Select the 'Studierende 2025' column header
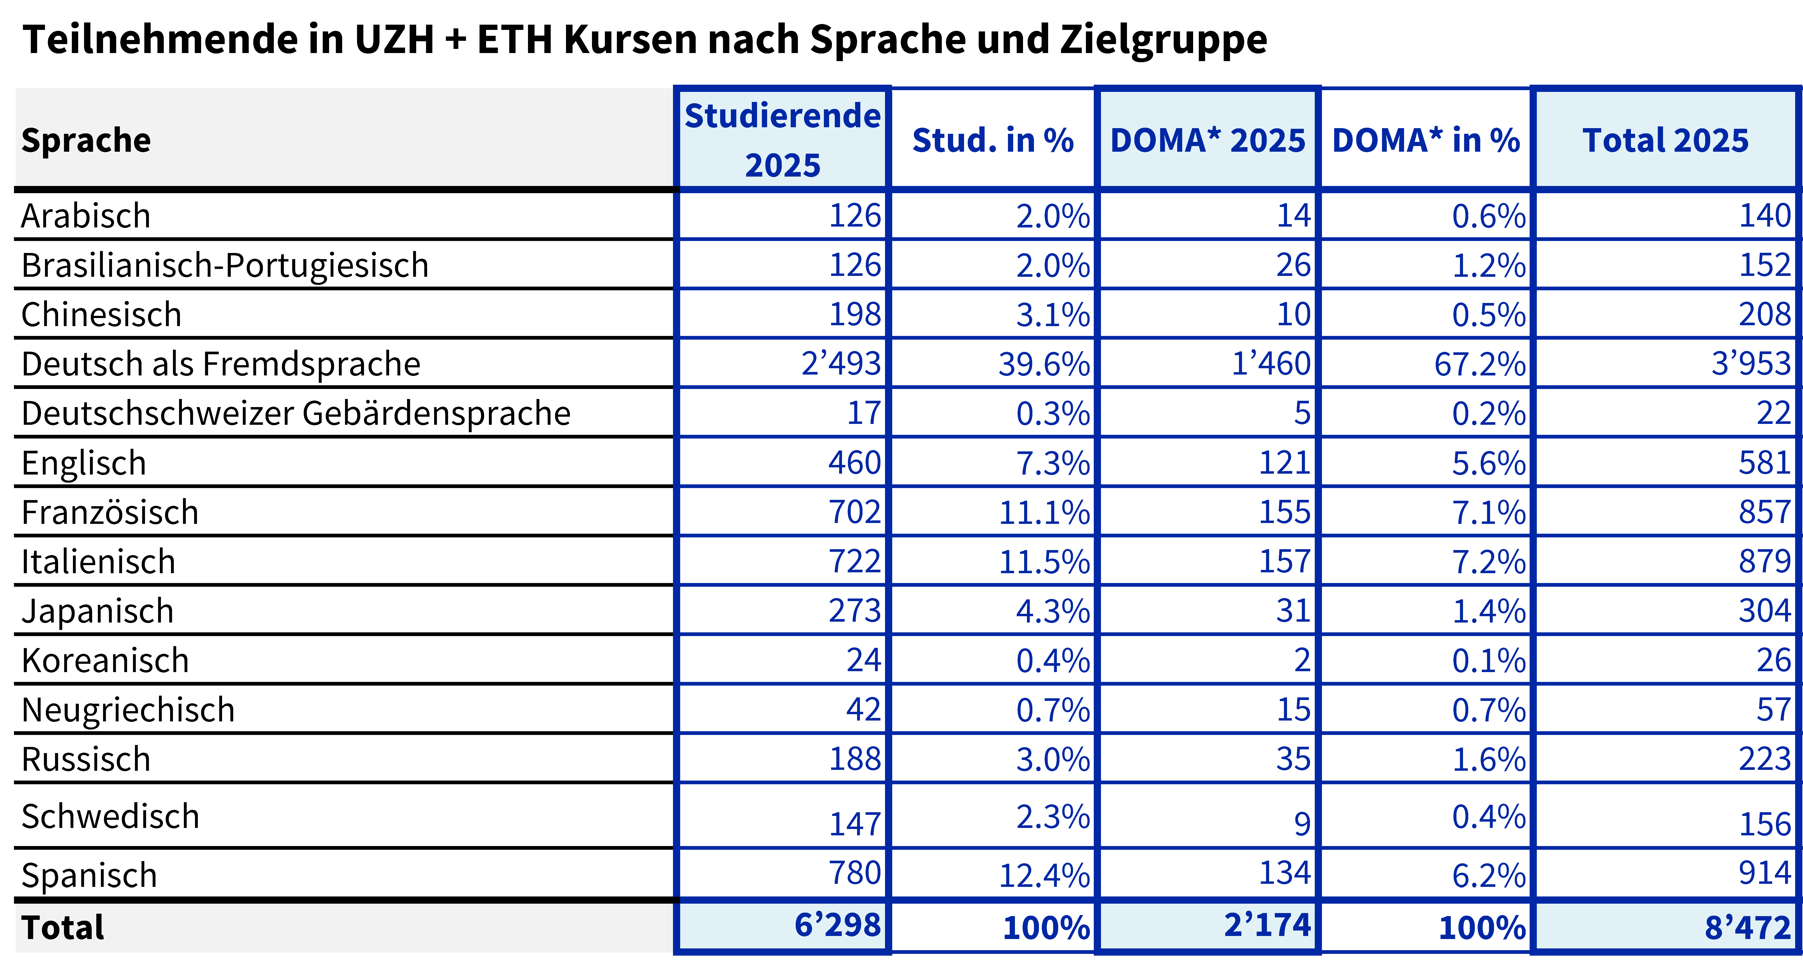click(783, 140)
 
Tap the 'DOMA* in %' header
click(1426, 140)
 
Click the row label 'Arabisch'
click(85, 215)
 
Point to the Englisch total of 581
click(1765, 463)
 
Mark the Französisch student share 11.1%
click(1044, 512)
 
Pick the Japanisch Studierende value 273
click(855, 611)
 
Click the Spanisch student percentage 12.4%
click(1044, 876)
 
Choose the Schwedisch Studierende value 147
click(855, 824)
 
